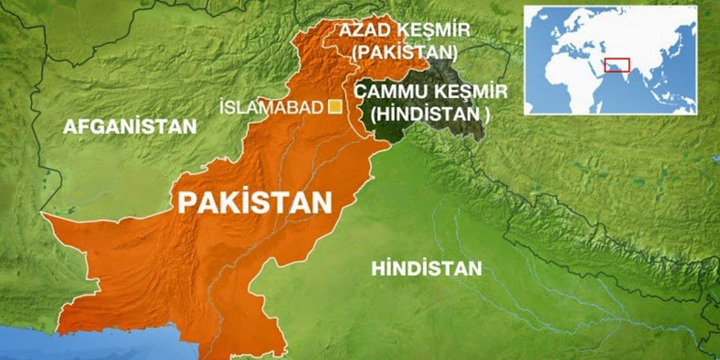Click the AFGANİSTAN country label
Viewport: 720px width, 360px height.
point(130,127)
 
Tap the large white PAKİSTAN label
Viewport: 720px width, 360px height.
point(254,201)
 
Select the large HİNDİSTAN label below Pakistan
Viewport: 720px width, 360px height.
point(425,268)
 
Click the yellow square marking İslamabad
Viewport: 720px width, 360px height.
point(334,105)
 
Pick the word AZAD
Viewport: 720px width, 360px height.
point(364,31)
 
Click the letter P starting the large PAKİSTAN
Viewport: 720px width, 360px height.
point(187,202)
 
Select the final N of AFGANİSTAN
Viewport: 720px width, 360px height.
point(191,127)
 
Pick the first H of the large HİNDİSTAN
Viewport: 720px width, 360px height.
point(377,268)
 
